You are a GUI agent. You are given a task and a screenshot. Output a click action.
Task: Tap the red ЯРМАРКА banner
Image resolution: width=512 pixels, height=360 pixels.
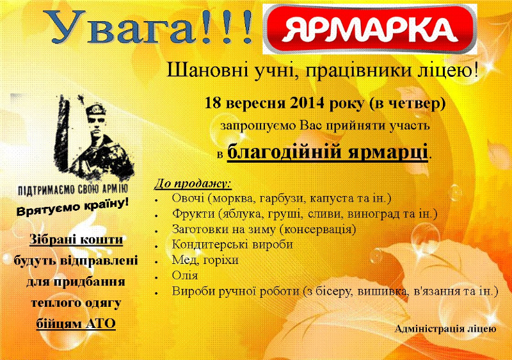click(370, 29)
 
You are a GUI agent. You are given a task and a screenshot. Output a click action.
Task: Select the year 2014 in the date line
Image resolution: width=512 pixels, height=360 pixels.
click(307, 103)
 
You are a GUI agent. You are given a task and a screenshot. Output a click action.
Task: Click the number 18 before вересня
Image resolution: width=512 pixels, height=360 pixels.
click(212, 103)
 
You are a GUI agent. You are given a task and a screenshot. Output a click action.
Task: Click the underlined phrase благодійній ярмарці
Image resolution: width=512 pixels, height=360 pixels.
click(328, 152)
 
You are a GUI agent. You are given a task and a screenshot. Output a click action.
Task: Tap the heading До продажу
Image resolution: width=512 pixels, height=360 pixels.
click(193, 183)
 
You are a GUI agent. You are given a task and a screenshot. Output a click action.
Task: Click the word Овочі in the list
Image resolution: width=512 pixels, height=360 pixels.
click(188, 198)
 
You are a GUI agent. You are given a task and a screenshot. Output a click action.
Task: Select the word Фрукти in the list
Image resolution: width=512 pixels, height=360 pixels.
click(193, 214)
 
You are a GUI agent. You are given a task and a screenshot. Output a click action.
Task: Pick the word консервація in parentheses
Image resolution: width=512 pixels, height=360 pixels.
click(317, 229)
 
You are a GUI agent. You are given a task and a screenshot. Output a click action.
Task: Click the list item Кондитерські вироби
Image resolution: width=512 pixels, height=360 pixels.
click(232, 244)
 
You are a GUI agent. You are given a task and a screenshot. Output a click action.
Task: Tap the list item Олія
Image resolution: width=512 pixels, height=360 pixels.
click(185, 275)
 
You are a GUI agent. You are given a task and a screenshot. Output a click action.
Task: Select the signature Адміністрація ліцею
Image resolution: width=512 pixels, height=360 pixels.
click(445, 329)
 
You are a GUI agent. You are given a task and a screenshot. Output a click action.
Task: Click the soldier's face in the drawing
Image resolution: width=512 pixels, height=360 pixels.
click(97, 124)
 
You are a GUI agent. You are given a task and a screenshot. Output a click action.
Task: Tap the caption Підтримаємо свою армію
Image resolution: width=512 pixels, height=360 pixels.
click(72, 190)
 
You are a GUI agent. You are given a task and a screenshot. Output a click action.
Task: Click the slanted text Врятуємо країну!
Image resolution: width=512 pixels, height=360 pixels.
click(72, 207)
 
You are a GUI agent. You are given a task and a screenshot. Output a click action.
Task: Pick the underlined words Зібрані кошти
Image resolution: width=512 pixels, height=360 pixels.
click(76, 240)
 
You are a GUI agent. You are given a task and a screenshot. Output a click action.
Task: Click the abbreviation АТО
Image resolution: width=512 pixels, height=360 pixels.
click(100, 323)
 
